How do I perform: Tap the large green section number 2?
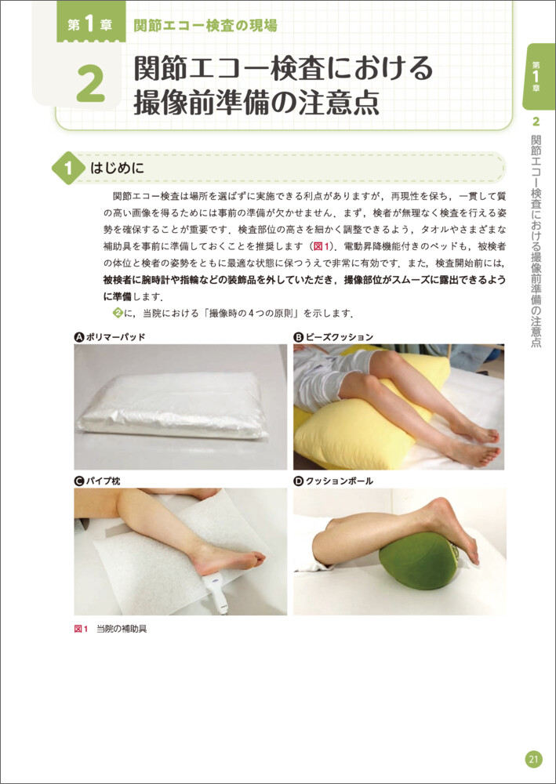pos(90,84)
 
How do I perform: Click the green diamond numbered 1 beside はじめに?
pos(68,168)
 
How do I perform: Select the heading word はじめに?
pos(117,168)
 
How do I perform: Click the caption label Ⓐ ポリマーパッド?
pos(109,337)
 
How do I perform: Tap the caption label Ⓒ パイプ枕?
pos(97,481)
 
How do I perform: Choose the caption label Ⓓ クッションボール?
pos(333,481)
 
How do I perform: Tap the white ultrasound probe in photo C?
pos(217,592)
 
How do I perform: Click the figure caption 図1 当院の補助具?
pos(110,629)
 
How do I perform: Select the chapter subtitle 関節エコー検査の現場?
pos(205,25)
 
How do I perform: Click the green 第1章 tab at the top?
pos(90,25)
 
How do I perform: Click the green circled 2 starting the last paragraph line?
pos(118,314)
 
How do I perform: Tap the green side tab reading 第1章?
pos(537,76)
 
